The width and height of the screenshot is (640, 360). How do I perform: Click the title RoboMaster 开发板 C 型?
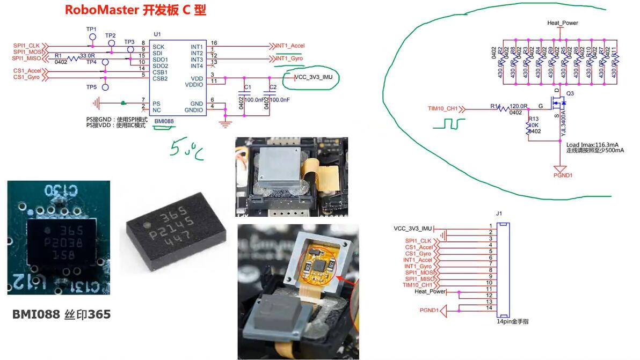(135, 10)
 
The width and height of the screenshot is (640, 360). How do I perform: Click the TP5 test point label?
(91, 87)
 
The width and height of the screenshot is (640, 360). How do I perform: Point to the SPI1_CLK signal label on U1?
(27, 45)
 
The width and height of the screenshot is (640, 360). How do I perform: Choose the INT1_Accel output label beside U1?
(290, 46)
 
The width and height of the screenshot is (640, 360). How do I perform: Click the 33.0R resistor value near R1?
(87, 56)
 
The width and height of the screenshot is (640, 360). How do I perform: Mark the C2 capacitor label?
(273, 87)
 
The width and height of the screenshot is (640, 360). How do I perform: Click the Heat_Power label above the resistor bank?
(562, 23)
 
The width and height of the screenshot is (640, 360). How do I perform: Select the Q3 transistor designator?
(570, 93)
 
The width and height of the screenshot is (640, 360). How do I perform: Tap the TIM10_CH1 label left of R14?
(443, 109)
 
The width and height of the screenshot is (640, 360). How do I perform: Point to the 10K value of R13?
(533, 125)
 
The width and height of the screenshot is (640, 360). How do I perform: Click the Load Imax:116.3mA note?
(592, 144)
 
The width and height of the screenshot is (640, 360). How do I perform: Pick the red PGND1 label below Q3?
(563, 175)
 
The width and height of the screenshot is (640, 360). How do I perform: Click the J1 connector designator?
(499, 214)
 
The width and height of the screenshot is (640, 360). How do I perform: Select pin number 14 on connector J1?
(490, 307)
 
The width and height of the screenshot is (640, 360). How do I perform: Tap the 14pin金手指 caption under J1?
(512, 322)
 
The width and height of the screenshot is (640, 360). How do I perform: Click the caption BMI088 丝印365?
(61, 314)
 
